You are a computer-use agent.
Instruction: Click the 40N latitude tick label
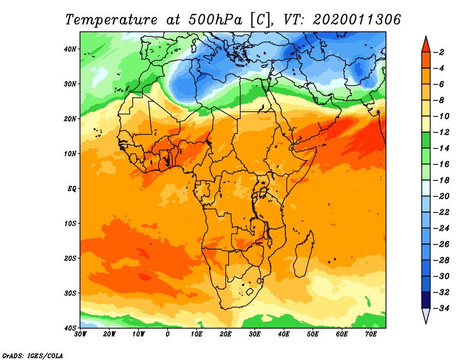coord(70,49)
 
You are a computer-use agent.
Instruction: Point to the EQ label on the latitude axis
coord(72,189)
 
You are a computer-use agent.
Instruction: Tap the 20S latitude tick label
coord(70,258)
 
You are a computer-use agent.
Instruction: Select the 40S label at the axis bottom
coord(70,328)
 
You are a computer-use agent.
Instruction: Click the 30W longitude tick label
coord(80,334)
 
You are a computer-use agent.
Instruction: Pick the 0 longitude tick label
coord(168,334)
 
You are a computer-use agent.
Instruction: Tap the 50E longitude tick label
coord(313,334)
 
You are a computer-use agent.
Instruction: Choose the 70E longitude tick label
coord(371,334)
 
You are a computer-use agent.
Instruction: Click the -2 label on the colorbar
coord(439,52)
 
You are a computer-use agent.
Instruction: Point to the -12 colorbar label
coord(441,132)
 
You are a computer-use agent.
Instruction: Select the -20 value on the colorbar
coord(441,196)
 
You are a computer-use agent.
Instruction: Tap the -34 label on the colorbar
coord(441,308)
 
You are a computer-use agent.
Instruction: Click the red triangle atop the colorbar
coord(426,45)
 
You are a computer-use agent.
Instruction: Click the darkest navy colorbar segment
coord(426,300)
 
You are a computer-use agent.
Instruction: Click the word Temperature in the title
coord(111,20)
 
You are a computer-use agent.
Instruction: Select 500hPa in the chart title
coord(215,20)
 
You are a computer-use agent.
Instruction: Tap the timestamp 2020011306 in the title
coord(357,20)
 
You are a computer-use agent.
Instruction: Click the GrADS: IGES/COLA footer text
coord(33,356)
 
